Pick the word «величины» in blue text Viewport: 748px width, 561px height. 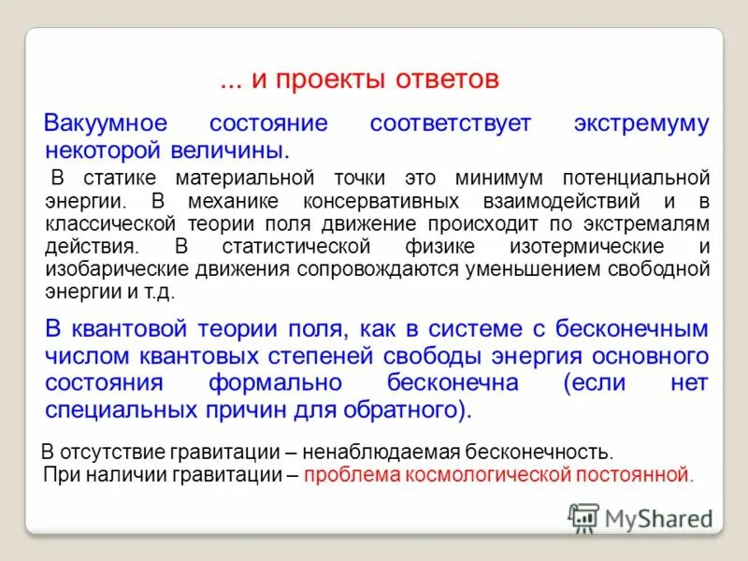[236, 150]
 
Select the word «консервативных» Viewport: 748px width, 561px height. [379, 200]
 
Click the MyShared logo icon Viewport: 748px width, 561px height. [583, 517]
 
